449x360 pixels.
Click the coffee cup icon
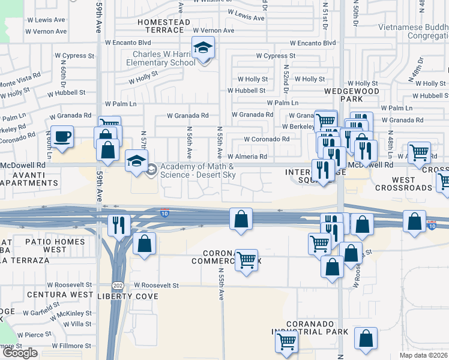pos(62,136)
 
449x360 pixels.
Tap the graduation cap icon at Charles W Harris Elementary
pos(203,47)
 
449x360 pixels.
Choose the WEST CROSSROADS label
pos(403,184)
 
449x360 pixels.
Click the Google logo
pos(19,353)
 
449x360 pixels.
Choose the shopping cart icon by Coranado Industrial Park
pos(287,341)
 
